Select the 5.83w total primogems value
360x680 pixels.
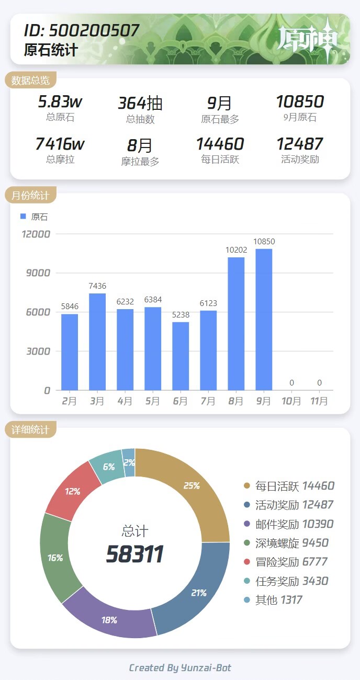(60, 101)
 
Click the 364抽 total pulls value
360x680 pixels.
(140, 103)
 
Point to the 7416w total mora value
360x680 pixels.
(60, 144)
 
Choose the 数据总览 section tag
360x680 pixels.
(30, 80)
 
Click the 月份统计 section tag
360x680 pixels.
(30, 196)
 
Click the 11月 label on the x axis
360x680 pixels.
(319, 401)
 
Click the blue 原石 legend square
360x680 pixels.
(22, 217)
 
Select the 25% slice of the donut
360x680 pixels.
(194, 489)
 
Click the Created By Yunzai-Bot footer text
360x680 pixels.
(180, 667)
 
